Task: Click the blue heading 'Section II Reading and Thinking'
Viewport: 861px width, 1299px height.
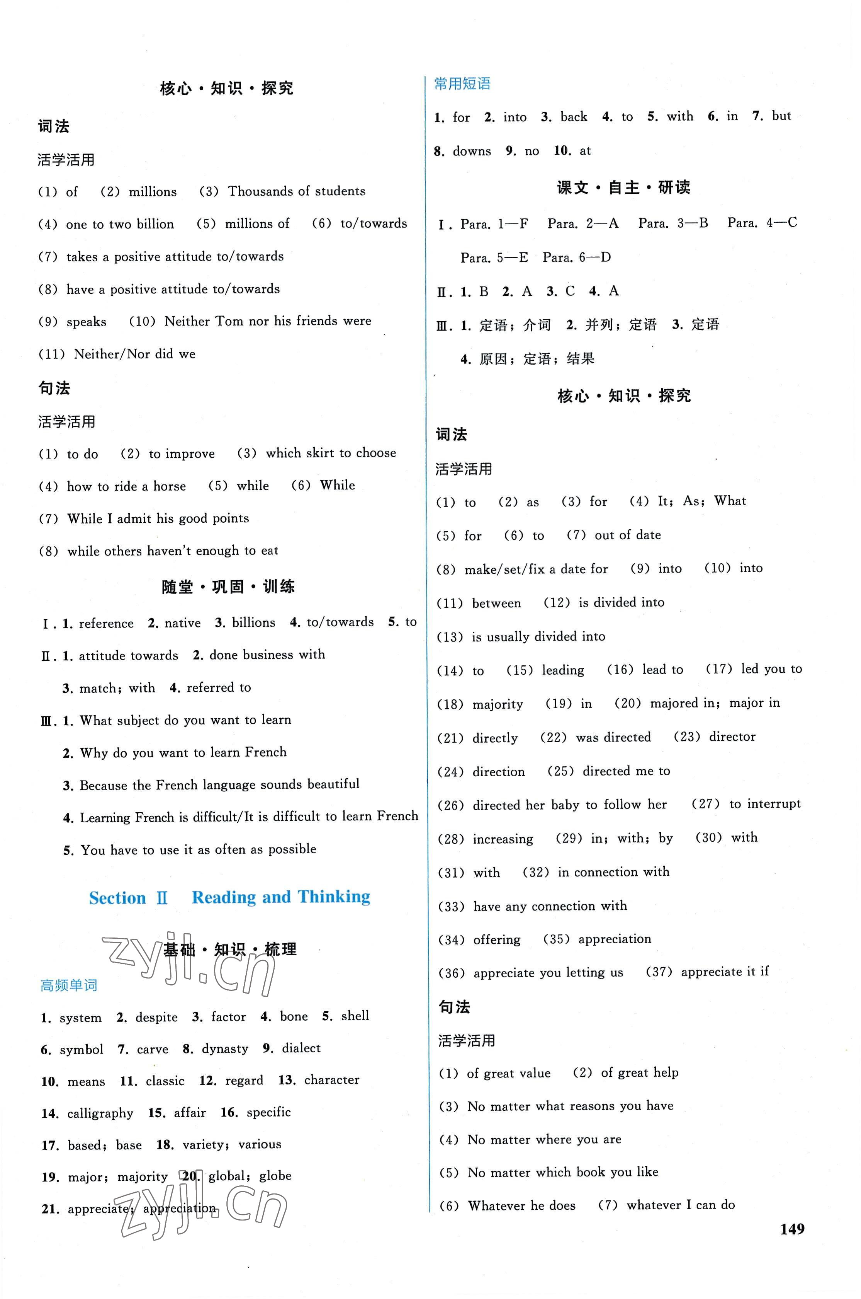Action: pos(229,897)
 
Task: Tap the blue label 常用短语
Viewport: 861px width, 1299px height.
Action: pos(462,84)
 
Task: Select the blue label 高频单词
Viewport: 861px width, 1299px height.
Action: pos(69,985)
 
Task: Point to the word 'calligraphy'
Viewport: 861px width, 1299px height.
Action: pos(100,1113)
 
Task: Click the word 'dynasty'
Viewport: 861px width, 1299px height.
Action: pos(224,1049)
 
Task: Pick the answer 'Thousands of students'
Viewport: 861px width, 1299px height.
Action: pos(297,191)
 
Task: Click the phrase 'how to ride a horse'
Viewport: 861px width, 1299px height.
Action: pos(126,486)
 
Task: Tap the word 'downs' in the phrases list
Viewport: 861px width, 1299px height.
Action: pos(472,151)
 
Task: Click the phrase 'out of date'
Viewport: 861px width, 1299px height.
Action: pos(628,535)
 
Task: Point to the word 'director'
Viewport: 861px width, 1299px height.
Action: pos(732,737)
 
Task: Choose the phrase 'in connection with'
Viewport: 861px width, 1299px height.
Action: pos(613,872)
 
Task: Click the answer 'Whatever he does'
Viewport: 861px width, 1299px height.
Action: pos(521,1205)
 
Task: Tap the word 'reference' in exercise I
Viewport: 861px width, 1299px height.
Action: pos(106,623)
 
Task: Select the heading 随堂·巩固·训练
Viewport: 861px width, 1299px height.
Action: pos(228,587)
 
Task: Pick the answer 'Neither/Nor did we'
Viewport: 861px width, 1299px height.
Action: pos(134,354)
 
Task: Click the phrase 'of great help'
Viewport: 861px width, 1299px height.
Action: pos(640,1072)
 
